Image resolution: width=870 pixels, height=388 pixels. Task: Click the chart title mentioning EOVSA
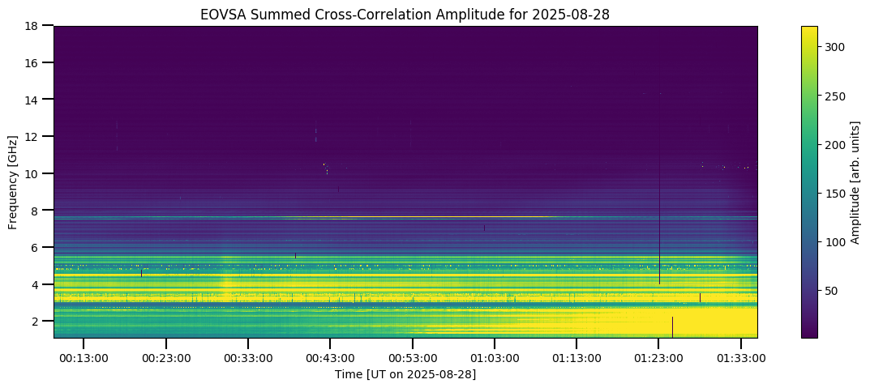click(x=405, y=14)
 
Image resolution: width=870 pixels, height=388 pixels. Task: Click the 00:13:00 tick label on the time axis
click(x=83, y=358)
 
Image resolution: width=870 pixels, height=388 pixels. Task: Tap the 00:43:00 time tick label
click(x=329, y=358)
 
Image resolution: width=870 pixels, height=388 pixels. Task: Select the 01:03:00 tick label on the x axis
click(x=494, y=358)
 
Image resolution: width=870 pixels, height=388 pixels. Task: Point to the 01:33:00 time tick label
click(x=740, y=358)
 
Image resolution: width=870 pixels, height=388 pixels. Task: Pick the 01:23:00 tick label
click(x=658, y=358)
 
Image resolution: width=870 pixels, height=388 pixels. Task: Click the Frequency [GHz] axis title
click(x=14, y=181)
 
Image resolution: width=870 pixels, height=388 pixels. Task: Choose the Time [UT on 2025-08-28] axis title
click(x=405, y=374)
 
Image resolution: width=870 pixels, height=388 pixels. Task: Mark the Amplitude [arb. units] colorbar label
click(x=855, y=181)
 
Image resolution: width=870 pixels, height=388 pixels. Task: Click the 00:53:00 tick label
click(x=412, y=358)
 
